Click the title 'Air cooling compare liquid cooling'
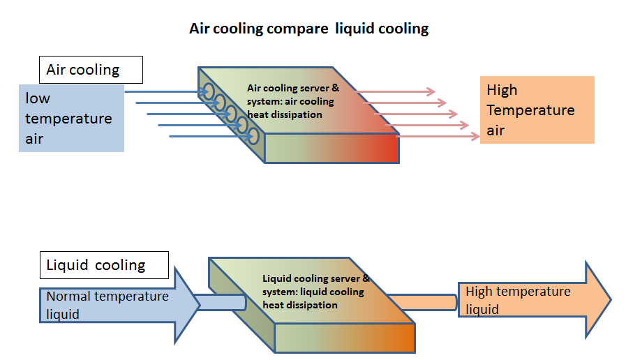click(x=308, y=29)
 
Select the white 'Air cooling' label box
click(x=91, y=70)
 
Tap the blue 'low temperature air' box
click(x=71, y=118)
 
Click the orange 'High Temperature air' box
click(x=537, y=110)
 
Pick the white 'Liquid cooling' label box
click(x=104, y=265)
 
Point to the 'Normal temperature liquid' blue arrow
click(x=120, y=306)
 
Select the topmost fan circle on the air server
click(x=208, y=92)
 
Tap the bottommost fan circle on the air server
click(x=253, y=137)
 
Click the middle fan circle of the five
click(x=230, y=114)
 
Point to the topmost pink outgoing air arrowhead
click(x=431, y=92)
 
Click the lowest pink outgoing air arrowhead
click(x=475, y=137)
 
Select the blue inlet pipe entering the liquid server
click(x=221, y=303)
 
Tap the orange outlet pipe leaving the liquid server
click(x=423, y=303)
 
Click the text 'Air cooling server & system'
click(x=292, y=95)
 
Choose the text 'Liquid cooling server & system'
click(x=316, y=285)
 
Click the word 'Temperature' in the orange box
click(x=530, y=110)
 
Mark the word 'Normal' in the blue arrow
click(x=68, y=297)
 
